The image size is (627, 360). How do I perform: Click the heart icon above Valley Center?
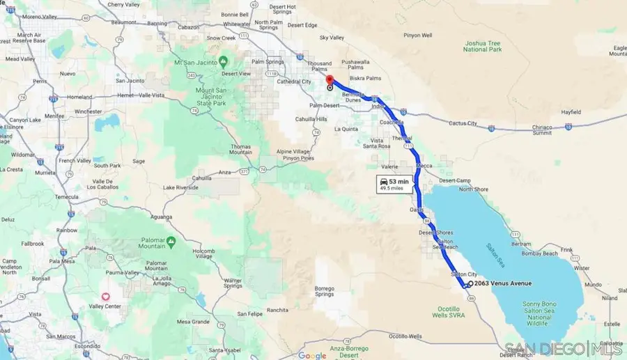coord(106,297)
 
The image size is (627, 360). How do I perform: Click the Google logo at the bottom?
coord(311,355)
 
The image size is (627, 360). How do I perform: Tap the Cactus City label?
coord(463,123)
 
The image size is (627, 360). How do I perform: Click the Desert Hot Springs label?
coord(283,9)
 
